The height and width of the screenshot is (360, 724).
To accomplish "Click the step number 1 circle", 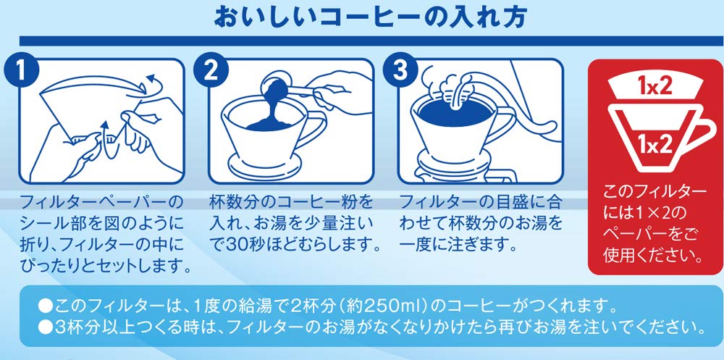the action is pyautogui.click(x=19, y=70).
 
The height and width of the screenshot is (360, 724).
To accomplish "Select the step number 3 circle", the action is pyautogui.click(x=400, y=70).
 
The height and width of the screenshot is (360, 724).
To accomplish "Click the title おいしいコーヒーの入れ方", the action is pyautogui.click(x=371, y=17).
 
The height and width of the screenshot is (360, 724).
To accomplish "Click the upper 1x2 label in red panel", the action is pyautogui.click(x=654, y=87).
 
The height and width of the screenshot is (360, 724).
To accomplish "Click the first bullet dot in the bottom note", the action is pyautogui.click(x=45, y=306).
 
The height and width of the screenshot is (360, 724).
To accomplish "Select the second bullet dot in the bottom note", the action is pyautogui.click(x=45, y=327).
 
